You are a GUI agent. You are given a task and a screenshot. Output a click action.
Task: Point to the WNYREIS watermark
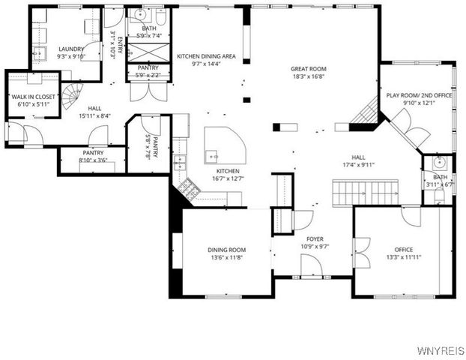point(441,351)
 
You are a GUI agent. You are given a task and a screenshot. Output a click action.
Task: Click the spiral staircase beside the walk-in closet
point(73,95)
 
